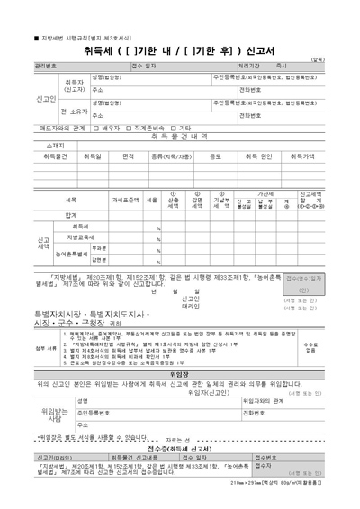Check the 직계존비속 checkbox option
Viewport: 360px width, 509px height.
(140, 129)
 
